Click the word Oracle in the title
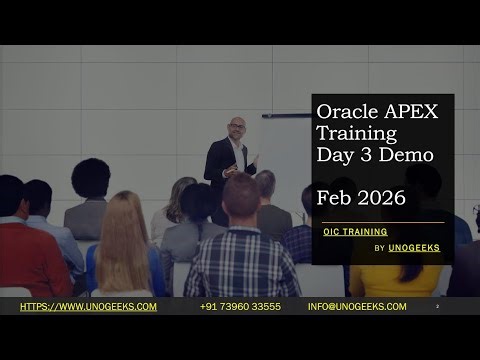click(x=343, y=111)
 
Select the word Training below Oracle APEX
click(x=356, y=133)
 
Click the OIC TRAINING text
click(x=355, y=231)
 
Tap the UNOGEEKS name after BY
click(x=414, y=248)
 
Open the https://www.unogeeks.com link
click(x=88, y=306)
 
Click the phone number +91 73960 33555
click(x=240, y=306)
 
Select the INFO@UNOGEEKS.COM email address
click(x=357, y=306)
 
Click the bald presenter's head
click(x=236, y=127)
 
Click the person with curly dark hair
click(x=90, y=180)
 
